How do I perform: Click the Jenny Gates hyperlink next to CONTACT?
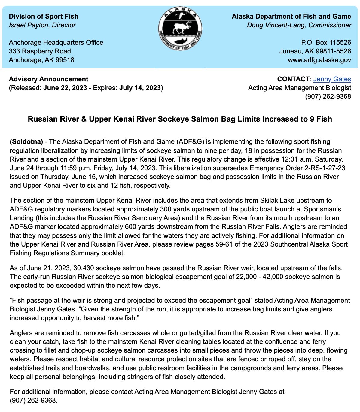[x=332, y=79]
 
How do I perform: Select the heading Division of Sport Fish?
[x=44, y=16]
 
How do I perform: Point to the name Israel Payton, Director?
[x=42, y=25]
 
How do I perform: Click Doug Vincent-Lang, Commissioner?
[x=299, y=25]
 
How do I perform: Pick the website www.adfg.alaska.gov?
[x=319, y=60]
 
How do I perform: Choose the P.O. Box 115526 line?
[x=326, y=42]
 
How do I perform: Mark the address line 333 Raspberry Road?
[x=40, y=51]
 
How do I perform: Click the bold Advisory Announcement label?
[x=49, y=79]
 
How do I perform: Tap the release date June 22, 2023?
[x=65, y=88]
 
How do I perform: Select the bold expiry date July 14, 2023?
[x=140, y=88]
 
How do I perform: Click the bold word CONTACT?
[x=293, y=79]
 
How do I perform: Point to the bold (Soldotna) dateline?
[x=26, y=141]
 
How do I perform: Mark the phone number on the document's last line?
[x=33, y=400]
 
